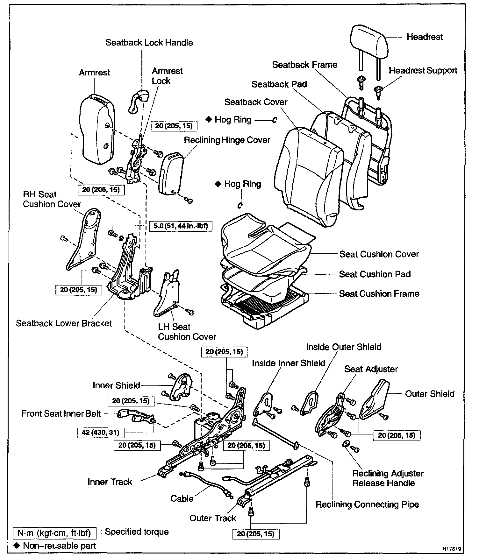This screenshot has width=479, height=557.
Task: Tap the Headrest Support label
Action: tap(423, 71)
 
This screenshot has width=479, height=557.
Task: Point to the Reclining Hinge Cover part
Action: tap(171, 174)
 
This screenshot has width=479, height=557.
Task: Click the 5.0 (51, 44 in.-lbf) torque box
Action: tap(181, 226)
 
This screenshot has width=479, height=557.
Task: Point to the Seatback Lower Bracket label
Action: tap(64, 323)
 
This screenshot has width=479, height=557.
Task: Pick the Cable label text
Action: tap(182, 498)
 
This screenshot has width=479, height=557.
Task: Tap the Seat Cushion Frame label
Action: tap(379, 294)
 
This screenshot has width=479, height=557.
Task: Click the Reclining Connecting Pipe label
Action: tap(367, 504)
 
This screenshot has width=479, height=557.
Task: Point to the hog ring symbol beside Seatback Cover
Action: tap(275, 120)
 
